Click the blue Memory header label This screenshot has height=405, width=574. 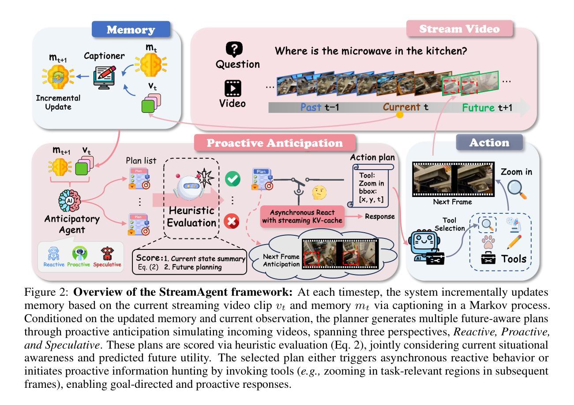coord(131,30)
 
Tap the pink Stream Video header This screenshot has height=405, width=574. coord(459,30)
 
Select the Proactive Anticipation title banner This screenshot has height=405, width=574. coord(275,143)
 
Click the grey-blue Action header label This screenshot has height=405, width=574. coord(490,143)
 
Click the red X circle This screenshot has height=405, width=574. coord(232,221)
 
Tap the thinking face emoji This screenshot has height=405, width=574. coord(319,193)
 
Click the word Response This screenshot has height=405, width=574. coord(379,217)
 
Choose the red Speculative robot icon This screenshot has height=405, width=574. coord(107,254)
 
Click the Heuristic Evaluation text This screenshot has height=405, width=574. coord(191,216)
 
